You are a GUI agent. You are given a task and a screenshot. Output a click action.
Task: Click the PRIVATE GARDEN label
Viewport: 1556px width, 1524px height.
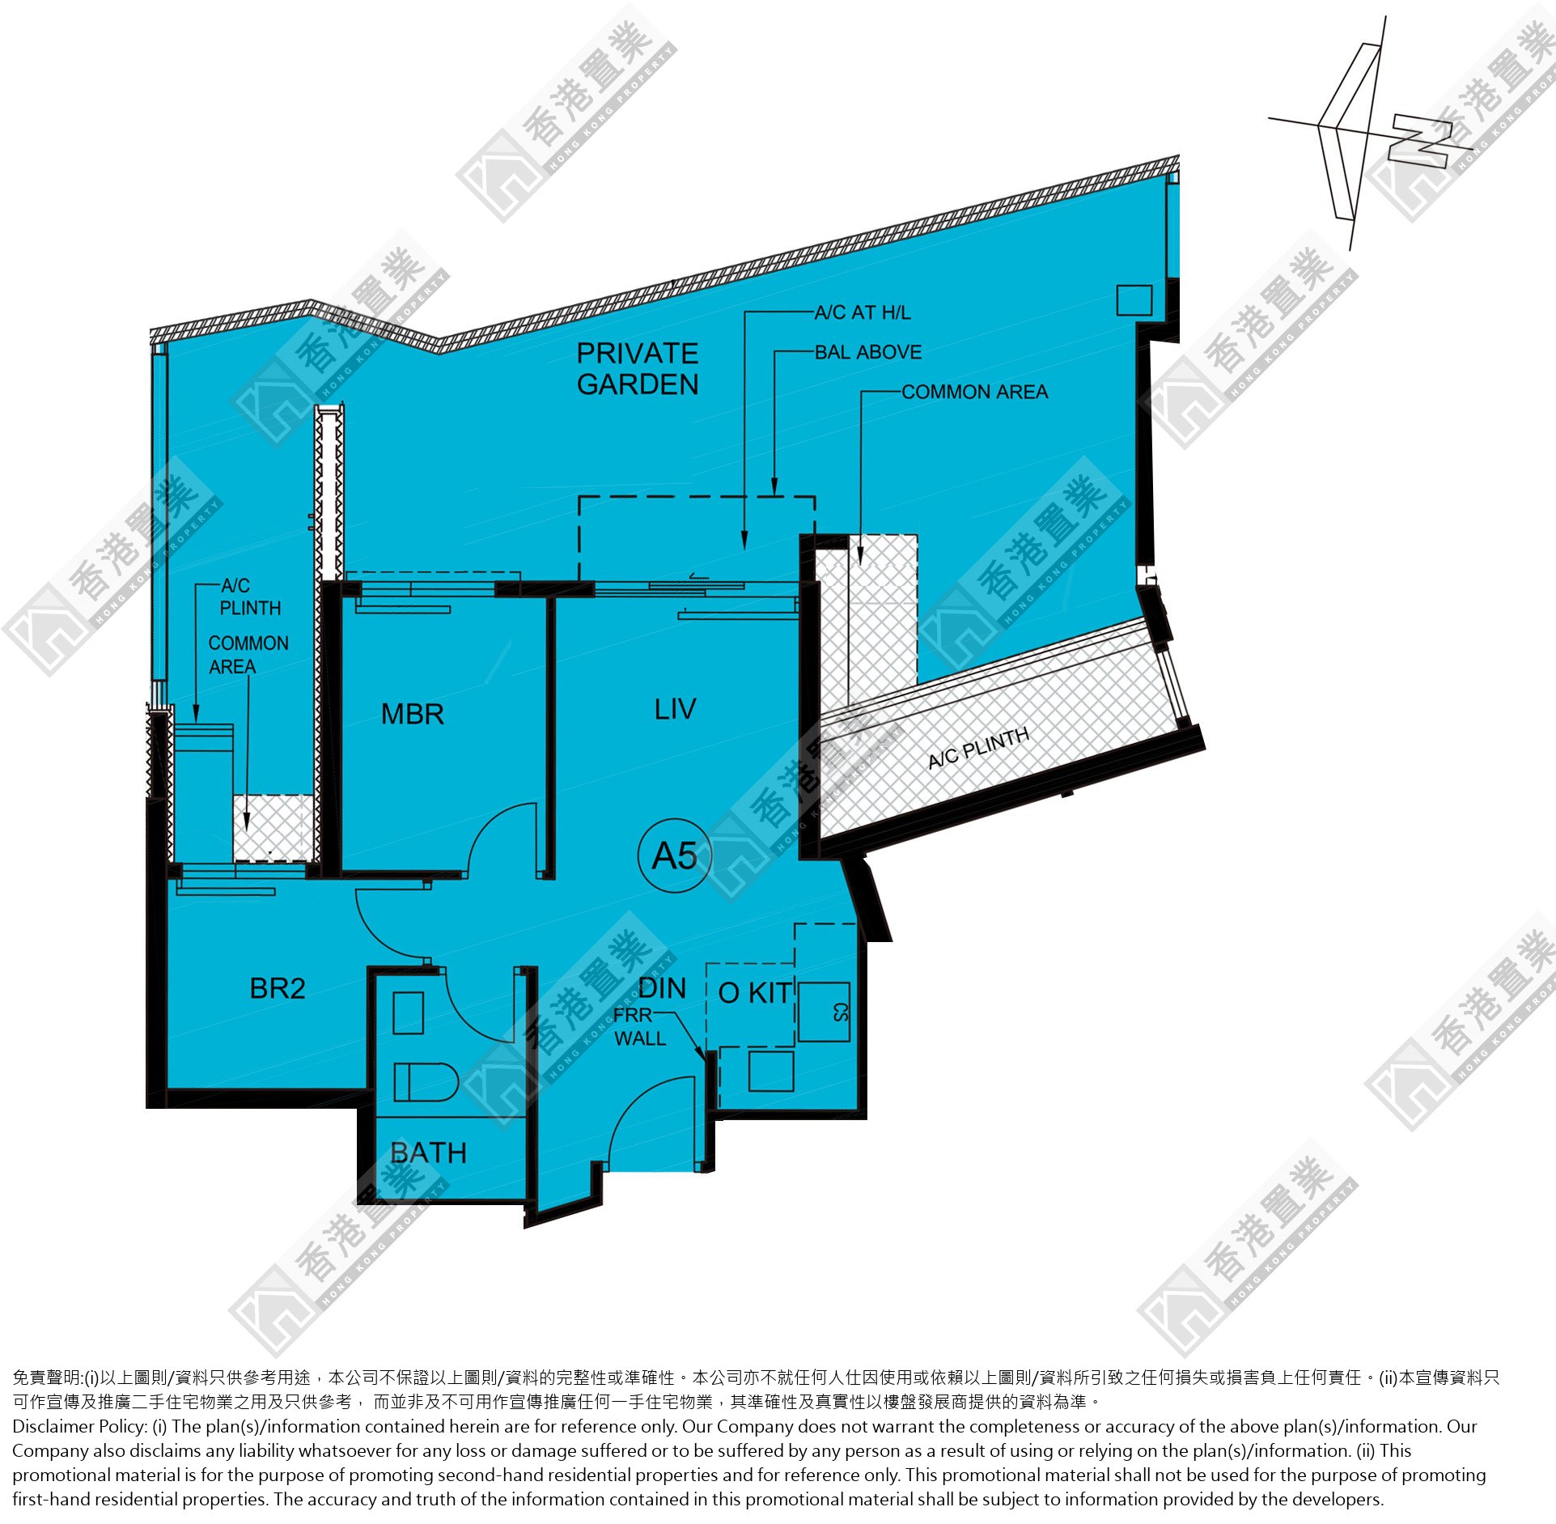coord(638,368)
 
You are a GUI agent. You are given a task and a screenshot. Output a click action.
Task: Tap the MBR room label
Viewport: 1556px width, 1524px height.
coord(413,715)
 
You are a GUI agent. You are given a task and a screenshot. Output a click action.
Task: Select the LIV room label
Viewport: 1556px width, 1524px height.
coord(675,710)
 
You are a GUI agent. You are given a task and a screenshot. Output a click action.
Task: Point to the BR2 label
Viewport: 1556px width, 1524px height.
coord(278,988)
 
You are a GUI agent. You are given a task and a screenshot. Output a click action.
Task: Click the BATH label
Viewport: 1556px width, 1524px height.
coord(428,1153)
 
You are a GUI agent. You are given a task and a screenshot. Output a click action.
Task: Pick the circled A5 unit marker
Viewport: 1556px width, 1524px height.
coord(675,856)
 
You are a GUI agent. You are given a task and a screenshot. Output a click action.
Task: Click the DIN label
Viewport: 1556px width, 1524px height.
coord(662,987)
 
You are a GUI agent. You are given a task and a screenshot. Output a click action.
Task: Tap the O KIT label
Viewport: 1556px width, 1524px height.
coord(755,992)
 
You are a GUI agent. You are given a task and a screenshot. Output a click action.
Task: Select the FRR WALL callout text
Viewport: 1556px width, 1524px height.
coord(639,1027)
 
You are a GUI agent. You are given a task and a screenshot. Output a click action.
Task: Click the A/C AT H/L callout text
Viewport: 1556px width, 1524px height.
coord(863,312)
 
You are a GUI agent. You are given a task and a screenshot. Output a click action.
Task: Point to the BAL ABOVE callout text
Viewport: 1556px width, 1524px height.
coord(868,352)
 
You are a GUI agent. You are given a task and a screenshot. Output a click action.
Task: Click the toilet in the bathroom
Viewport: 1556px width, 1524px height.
coord(426,1082)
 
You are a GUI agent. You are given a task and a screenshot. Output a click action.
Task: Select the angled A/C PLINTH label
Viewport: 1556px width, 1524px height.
coord(978,748)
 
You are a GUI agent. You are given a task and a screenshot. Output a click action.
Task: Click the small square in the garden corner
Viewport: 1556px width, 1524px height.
coord(1134,299)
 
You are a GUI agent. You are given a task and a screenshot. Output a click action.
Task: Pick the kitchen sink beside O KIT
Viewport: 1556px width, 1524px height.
coord(824,1012)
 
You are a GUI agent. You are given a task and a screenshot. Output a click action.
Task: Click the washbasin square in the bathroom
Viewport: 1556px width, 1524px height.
coord(408,1012)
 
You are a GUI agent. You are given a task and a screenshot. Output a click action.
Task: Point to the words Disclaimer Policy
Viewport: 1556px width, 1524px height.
coord(79,1425)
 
